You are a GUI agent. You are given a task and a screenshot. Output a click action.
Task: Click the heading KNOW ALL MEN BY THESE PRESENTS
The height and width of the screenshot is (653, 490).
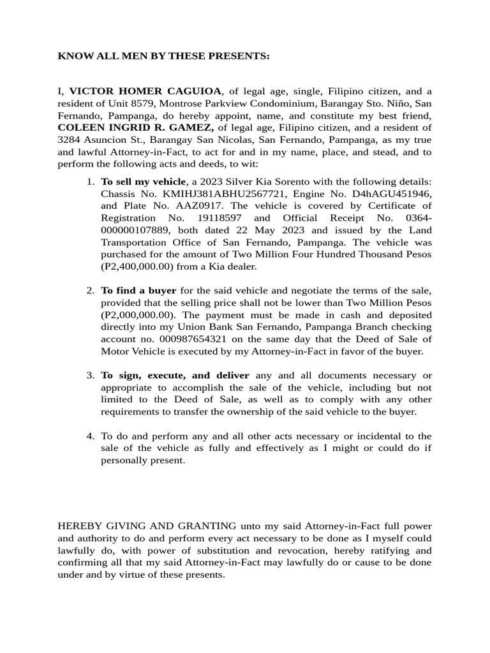point(163,57)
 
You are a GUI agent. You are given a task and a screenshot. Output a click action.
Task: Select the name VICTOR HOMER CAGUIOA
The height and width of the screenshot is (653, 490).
point(145,91)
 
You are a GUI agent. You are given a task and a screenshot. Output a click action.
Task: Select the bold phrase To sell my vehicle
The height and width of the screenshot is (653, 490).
point(144,181)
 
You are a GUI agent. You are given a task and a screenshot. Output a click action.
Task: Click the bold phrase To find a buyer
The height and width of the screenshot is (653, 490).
point(138,291)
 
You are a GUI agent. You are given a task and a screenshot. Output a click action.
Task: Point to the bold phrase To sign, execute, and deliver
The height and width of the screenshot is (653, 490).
point(175,376)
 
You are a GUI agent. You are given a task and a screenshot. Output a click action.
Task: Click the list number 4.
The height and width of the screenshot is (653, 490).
point(90,436)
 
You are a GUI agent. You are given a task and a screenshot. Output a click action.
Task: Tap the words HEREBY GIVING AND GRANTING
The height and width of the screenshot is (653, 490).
point(147,526)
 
